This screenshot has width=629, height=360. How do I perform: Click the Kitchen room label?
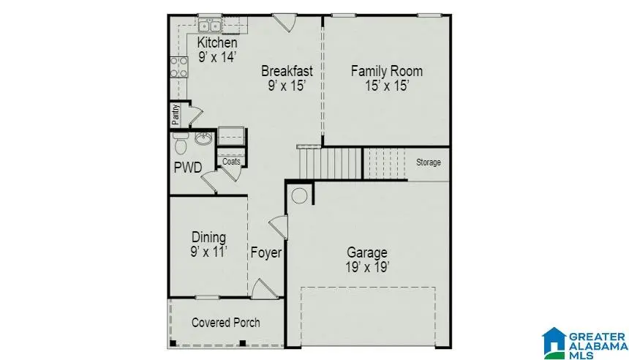(x=217, y=43)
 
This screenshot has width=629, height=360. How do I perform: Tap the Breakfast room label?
(x=287, y=71)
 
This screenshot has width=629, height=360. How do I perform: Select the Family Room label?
(x=386, y=71)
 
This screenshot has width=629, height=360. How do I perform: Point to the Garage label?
(x=367, y=252)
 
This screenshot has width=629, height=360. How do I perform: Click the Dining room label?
(x=208, y=237)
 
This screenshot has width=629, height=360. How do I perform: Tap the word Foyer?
(x=266, y=253)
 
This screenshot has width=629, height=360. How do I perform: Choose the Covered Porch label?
(x=225, y=323)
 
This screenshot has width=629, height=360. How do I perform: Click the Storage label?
(x=429, y=162)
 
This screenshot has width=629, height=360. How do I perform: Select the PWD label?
(x=187, y=168)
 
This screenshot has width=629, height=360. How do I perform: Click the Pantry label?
(x=176, y=115)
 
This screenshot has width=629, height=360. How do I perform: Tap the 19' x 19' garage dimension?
(x=367, y=268)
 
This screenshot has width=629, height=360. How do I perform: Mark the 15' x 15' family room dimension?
(x=386, y=86)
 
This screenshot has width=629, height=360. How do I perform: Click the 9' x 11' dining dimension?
(x=208, y=252)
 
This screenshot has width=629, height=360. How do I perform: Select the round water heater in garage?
(x=299, y=196)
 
